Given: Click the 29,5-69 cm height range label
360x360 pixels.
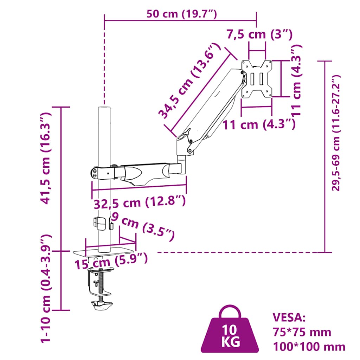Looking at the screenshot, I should pos(337,133).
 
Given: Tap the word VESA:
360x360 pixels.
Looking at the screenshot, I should pos(289,317).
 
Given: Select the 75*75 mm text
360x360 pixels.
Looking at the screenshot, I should pos(302,332).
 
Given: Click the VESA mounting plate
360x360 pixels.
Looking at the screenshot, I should pos(257,78).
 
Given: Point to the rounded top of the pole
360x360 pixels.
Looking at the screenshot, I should pos(104,107).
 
